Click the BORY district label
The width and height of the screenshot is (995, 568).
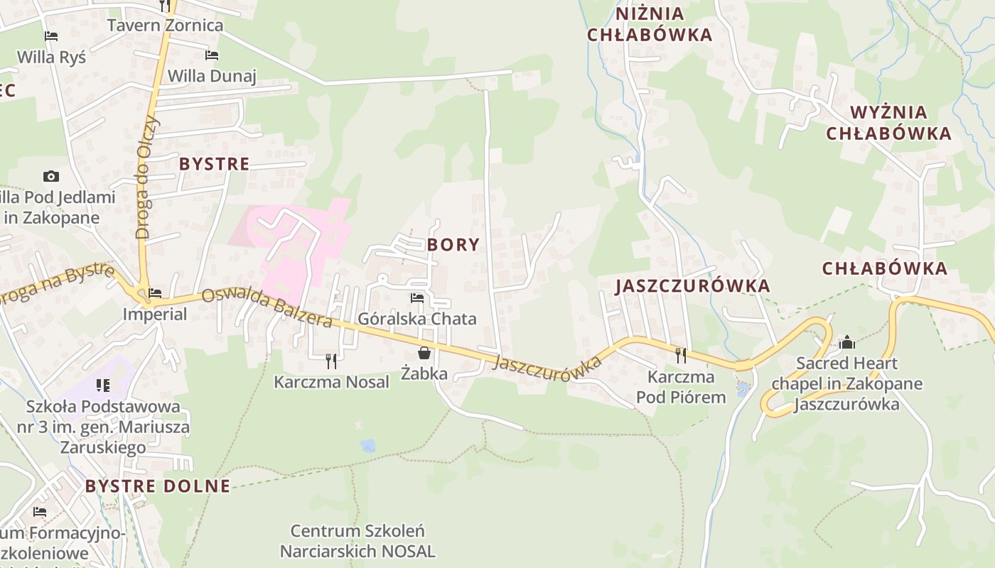point(453,245)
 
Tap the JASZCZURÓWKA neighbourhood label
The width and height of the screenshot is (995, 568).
point(693,286)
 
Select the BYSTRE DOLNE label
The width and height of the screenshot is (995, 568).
point(158,486)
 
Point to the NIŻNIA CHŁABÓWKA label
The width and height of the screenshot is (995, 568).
point(650,24)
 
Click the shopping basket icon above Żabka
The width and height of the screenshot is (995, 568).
point(424,352)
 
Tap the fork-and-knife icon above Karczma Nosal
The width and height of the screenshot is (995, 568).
point(331,361)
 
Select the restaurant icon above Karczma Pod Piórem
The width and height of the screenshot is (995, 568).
point(681,355)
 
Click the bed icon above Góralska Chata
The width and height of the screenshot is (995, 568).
point(417,298)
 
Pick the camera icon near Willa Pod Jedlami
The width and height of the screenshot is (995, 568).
point(50,176)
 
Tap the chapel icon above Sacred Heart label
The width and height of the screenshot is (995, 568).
point(846,343)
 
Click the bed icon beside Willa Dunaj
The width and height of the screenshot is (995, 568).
point(211,55)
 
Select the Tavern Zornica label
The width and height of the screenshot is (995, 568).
point(165,26)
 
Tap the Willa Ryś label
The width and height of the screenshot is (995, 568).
point(51,57)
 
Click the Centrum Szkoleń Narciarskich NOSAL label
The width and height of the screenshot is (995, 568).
point(357,541)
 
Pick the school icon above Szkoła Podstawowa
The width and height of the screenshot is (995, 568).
point(103,386)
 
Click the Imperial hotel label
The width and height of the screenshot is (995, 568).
point(155,314)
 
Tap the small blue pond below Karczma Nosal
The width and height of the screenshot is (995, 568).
point(367,446)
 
